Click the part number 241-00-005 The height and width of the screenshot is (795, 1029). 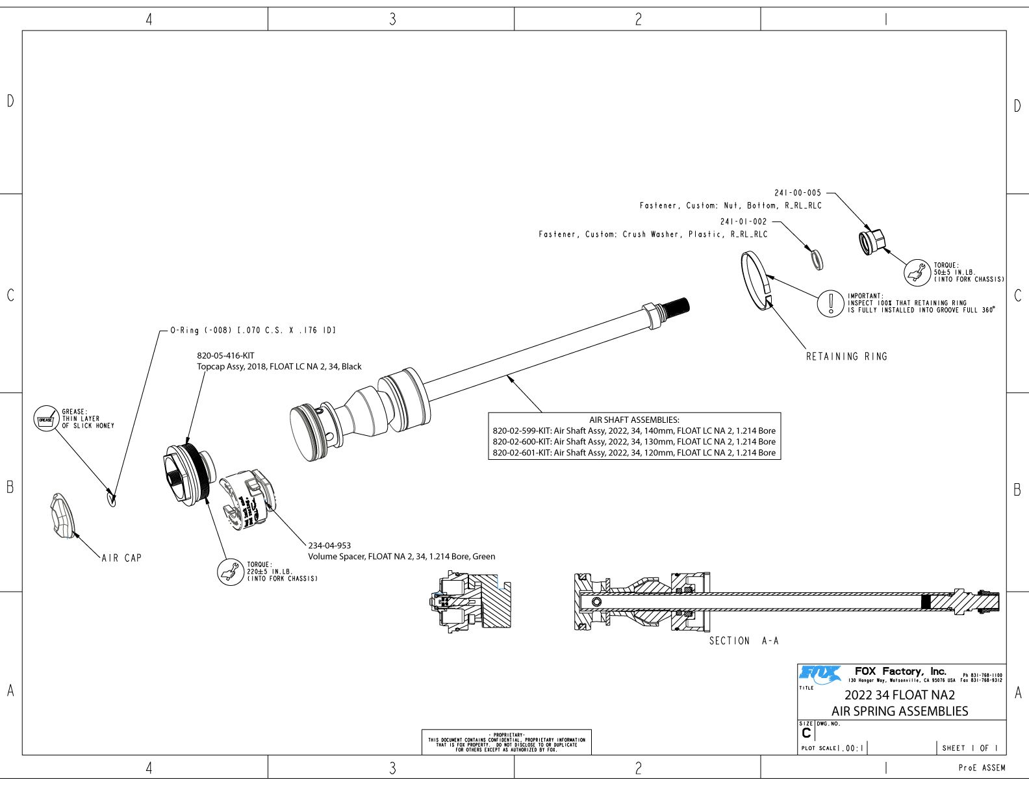click(797, 193)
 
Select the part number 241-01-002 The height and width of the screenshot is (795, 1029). click(743, 221)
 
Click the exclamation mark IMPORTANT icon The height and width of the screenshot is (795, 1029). click(830, 303)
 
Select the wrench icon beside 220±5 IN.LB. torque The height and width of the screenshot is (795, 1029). click(229, 572)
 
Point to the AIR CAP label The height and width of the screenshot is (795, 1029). click(121, 558)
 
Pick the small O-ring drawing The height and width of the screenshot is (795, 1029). click(112, 499)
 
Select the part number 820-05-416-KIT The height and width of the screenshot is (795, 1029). click(225, 356)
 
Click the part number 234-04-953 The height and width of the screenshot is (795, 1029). click(329, 546)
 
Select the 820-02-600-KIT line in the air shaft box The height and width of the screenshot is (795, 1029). click(634, 442)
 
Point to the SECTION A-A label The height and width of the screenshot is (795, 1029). click(743, 641)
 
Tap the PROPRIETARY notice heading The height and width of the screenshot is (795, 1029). click(506, 735)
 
